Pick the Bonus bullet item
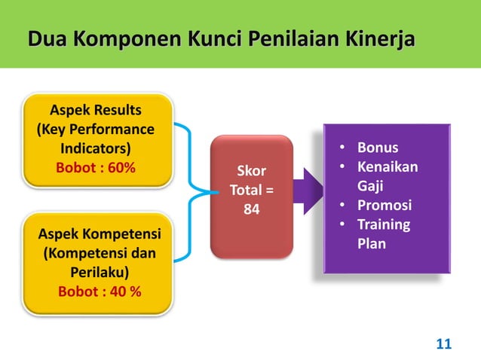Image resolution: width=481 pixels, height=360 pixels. tap(377, 147)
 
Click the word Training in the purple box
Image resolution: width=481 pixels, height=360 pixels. tap(384, 224)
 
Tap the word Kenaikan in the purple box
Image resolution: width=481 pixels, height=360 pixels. tap(387, 166)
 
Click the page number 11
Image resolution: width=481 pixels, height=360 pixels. tap(444, 345)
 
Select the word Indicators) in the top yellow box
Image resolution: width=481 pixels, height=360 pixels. tap(95, 148)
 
